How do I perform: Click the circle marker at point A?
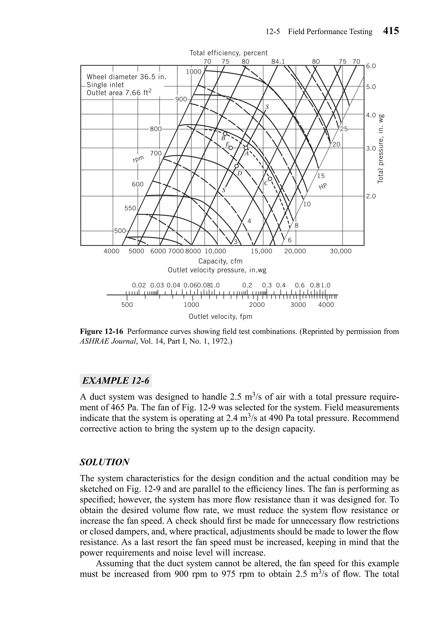[246, 148]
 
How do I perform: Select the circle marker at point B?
[225, 134]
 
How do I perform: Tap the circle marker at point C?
[270, 179]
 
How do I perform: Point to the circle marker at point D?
[236, 166]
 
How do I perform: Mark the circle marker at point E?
[230, 148]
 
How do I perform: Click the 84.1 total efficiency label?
[278, 61]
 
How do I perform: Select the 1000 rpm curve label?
[194, 72]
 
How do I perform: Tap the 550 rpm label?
[130, 208]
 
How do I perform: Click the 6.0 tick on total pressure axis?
[371, 66]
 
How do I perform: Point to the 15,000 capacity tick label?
[261, 251]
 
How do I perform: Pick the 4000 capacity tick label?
[111, 251]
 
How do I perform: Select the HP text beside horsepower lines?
[323, 186]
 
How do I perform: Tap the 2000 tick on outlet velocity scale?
[257, 305]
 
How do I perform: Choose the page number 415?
[391, 31]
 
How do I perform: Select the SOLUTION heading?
[105, 462]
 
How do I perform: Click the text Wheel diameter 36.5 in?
[126, 77]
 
